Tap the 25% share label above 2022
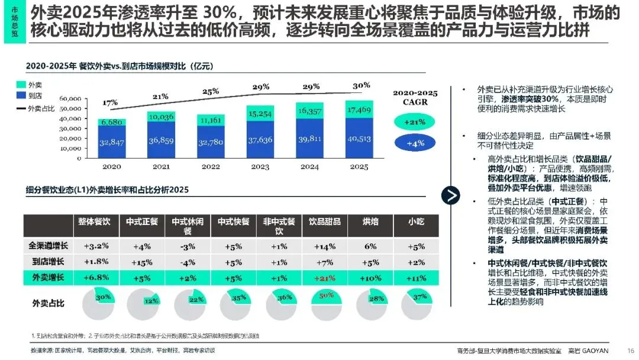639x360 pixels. point(211,91)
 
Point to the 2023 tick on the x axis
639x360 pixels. point(260,167)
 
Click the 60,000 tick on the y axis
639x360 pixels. point(70,98)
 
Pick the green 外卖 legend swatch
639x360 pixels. point(21,85)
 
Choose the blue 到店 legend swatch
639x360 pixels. point(21,95)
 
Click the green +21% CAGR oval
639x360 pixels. point(414,121)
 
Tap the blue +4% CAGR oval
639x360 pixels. point(414,144)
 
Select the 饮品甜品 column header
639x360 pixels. point(325,222)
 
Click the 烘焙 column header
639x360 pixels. point(370,222)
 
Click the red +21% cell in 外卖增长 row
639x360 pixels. point(325,278)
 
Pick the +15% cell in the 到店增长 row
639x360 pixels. point(142,261)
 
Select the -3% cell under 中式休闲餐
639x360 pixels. point(188,245)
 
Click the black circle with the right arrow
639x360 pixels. point(451,196)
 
